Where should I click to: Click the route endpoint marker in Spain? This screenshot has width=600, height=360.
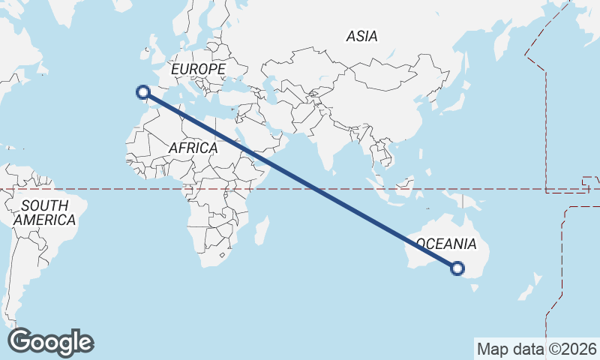pos(142,92)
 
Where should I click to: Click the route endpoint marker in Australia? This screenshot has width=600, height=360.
pos(458,268)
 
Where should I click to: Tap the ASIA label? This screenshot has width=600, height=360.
pos(361,36)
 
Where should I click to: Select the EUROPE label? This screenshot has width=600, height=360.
pos(198,69)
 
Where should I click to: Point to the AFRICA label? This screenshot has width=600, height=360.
pos(193,148)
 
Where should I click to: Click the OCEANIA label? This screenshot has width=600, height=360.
pos(445,244)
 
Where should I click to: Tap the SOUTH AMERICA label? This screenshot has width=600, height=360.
pos(45,212)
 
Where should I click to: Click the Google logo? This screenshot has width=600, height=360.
pos(50,342)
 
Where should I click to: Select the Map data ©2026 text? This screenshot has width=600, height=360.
pos(537,349)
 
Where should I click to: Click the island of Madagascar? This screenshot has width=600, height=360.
pos(261,229)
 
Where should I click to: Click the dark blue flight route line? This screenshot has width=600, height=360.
pos(300,180)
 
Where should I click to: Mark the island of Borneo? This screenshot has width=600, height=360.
pos(406,184)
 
